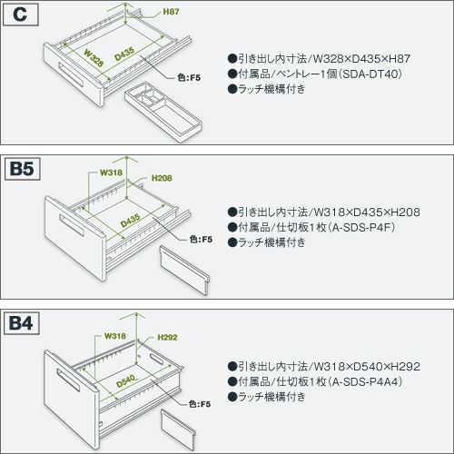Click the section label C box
click(x=20, y=15)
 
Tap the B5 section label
click(x=22, y=169)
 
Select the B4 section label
click(x=21, y=323)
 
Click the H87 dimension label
click(x=171, y=12)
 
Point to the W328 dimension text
click(x=94, y=57)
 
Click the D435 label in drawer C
click(x=124, y=54)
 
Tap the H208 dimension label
click(x=162, y=178)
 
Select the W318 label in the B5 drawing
click(x=111, y=173)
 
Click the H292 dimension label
click(x=167, y=337)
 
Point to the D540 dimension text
click(x=126, y=380)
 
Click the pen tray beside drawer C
click(x=163, y=112)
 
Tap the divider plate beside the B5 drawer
click(x=184, y=271)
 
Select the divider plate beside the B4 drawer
click(x=178, y=430)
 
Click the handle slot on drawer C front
click(x=71, y=75)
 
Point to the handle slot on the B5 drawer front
click(x=72, y=225)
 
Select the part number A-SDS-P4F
click(x=363, y=227)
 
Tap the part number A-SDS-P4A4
click(x=367, y=381)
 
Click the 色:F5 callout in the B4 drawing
click(x=200, y=404)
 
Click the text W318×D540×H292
click(x=367, y=367)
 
